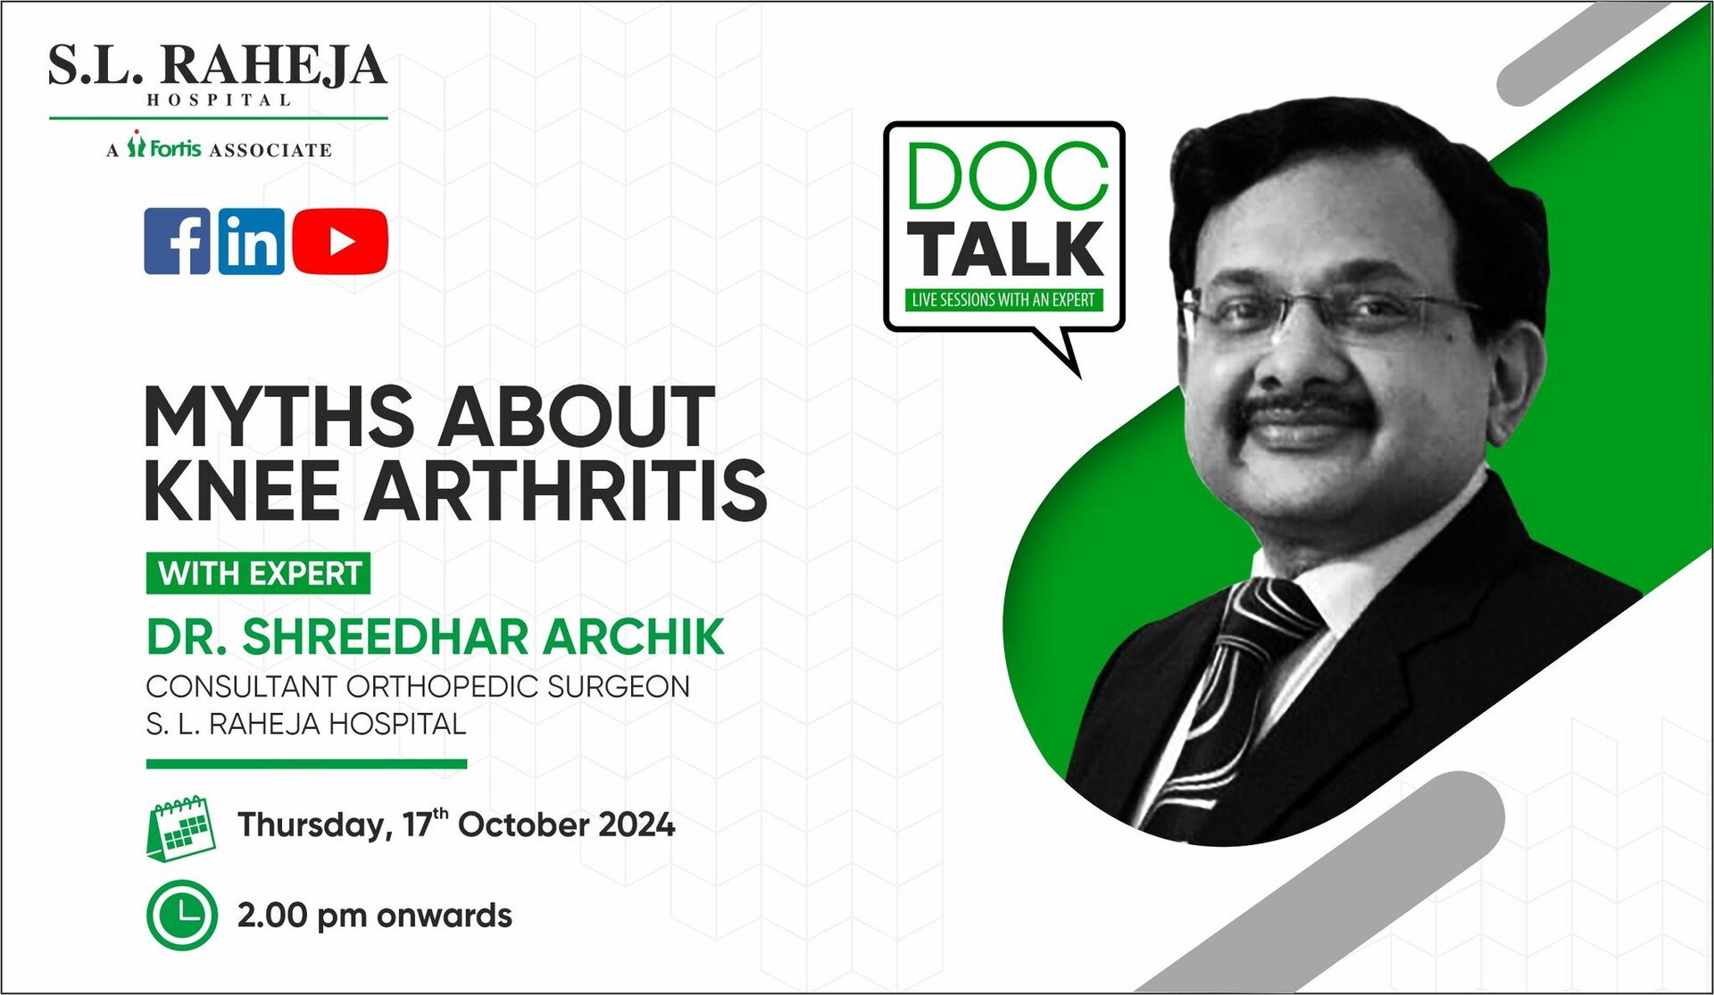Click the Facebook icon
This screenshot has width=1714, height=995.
point(178,241)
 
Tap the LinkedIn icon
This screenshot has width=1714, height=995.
point(252,241)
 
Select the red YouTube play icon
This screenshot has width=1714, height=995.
point(340,241)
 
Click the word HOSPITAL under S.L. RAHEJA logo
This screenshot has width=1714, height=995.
point(219,100)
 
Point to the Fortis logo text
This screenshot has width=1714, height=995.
point(174,147)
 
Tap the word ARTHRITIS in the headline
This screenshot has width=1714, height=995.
point(565,490)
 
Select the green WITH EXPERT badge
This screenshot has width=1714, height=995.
point(258,573)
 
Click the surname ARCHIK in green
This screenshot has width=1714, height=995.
point(634,637)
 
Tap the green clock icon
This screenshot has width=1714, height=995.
point(181,916)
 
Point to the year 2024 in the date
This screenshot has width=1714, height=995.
point(637,825)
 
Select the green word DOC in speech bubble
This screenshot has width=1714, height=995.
point(1007,178)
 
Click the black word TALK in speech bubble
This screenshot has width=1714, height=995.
point(1006,249)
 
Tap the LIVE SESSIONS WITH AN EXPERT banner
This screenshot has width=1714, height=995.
point(1003,300)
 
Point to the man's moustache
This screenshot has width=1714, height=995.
point(1312,410)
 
